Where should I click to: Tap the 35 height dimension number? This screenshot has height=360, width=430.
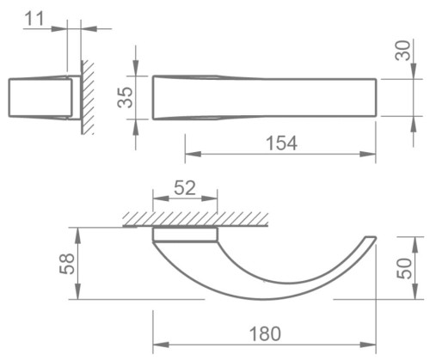point(124,97)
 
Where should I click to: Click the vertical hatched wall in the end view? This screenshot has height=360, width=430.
point(87,96)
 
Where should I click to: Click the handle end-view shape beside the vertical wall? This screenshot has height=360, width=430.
point(41,97)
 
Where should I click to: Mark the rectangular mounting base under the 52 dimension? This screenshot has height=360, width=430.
point(184,233)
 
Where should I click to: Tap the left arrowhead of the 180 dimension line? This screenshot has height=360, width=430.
point(158,341)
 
